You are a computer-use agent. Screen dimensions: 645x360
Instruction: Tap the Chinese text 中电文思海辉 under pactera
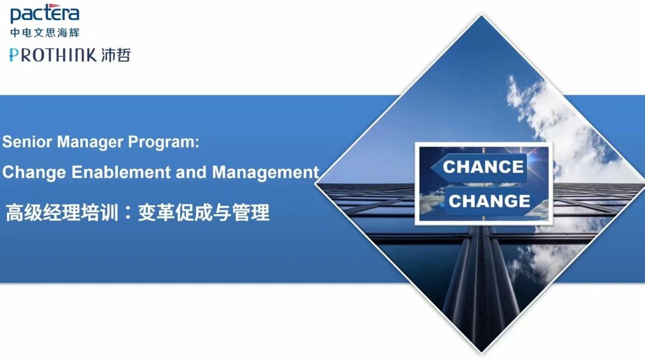pos(45,33)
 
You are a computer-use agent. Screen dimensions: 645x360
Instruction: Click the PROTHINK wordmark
pos(53,55)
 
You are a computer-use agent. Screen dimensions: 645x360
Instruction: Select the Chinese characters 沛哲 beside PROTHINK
pos(116,55)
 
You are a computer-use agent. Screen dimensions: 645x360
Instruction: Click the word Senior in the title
pos(27,142)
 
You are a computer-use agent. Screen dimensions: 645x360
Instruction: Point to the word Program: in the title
pos(164,142)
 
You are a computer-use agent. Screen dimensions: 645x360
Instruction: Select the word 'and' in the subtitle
pos(191,172)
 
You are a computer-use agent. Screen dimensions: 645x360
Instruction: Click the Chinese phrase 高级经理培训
pos(62,213)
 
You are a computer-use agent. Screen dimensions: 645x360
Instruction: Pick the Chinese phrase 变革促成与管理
pos(203,213)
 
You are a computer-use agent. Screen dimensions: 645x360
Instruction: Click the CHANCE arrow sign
pos(479,168)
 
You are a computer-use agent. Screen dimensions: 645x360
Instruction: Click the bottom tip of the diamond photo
pos(481,353)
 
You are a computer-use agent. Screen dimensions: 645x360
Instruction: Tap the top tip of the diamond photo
pos(481,14)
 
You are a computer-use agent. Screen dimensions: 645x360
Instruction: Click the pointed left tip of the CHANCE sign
pos(431,168)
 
